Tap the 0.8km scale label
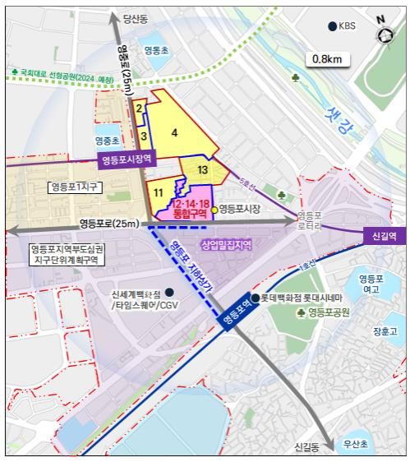[325, 59]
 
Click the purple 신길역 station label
[384, 235]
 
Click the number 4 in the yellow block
[174, 132]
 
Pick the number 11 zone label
[158, 192]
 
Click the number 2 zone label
[140, 108]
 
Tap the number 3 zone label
[143, 136]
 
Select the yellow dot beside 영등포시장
[214, 210]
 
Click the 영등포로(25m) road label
[106, 224]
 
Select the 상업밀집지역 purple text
[226, 245]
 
